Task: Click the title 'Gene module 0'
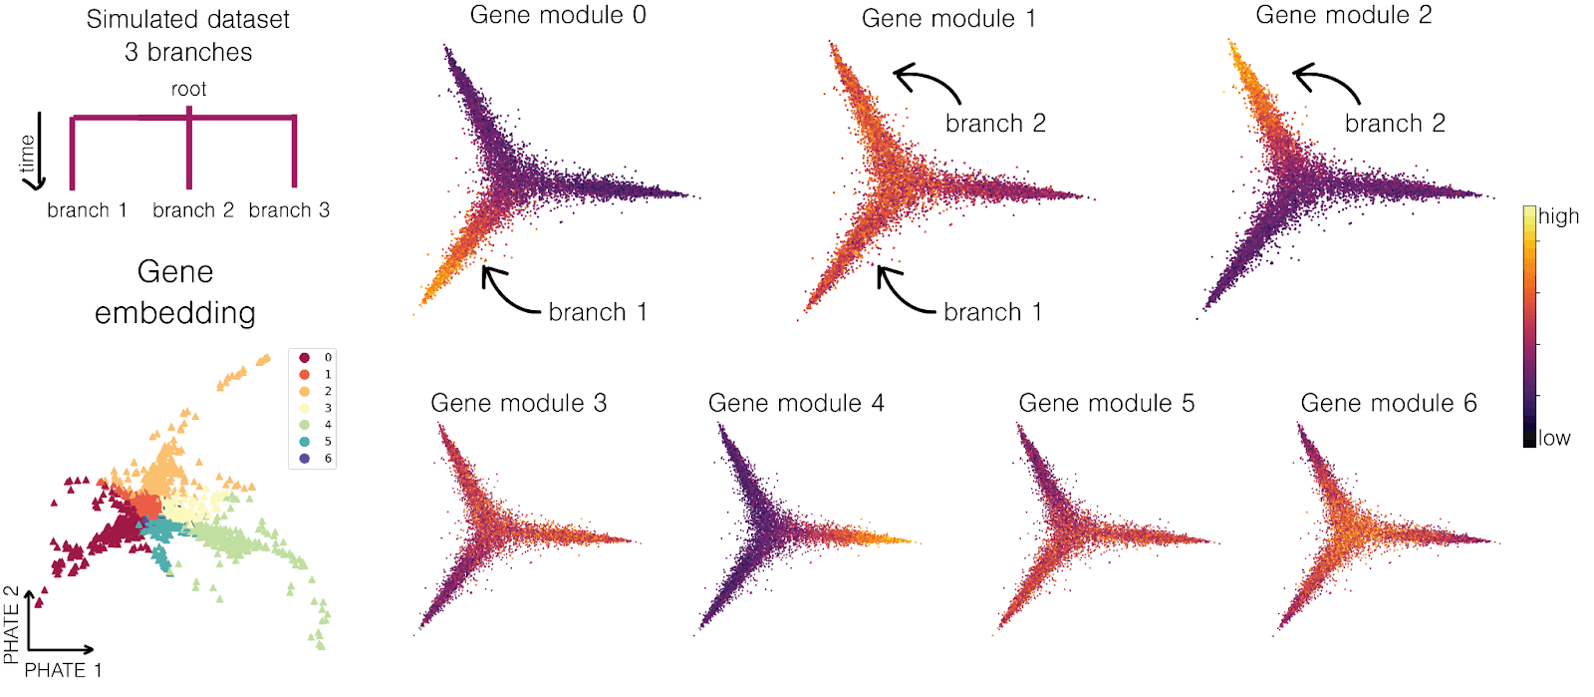[x=558, y=15]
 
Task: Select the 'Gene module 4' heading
[x=796, y=403]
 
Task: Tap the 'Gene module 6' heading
[x=1389, y=403]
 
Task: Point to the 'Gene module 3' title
[x=518, y=403]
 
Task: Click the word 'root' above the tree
[x=188, y=89]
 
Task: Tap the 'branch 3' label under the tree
[x=289, y=210]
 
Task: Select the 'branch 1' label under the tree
[x=87, y=210]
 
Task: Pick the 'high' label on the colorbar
[x=1558, y=216]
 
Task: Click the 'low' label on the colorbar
[x=1554, y=438]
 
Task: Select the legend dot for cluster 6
[x=304, y=459]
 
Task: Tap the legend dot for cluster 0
[x=304, y=357]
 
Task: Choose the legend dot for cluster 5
[x=304, y=442]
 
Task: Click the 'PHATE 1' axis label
[x=63, y=670]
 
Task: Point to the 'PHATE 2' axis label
[x=11, y=625]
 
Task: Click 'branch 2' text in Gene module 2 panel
[x=1395, y=124]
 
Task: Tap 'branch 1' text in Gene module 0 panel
[x=598, y=312]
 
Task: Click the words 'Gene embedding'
[x=175, y=292]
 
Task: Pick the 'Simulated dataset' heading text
[x=188, y=19]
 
